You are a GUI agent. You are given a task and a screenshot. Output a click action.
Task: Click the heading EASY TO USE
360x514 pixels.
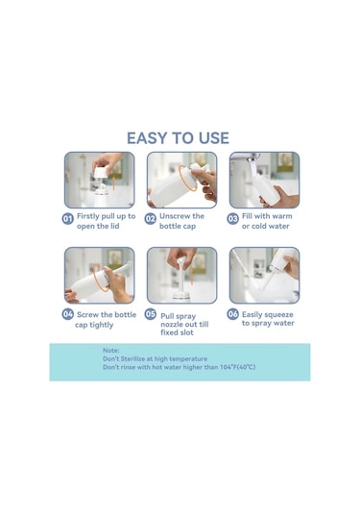(x=178, y=138)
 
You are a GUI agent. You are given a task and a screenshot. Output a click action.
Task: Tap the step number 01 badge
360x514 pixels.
(x=68, y=219)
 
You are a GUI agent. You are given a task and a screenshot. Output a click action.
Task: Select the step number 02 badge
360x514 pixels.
(x=151, y=219)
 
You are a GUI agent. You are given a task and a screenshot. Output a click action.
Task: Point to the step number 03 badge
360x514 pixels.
(x=233, y=219)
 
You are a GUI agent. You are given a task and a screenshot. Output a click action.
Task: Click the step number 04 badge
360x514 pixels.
(x=68, y=314)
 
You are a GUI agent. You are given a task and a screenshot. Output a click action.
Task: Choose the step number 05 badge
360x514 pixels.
(x=151, y=314)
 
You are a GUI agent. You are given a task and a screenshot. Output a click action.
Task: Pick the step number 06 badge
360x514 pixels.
(x=233, y=314)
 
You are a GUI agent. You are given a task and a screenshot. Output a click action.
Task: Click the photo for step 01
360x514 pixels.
(x=100, y=180)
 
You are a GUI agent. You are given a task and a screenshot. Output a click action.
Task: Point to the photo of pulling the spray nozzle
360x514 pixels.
(x=182, y=276)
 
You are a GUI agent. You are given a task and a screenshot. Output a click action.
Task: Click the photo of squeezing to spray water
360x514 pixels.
(x=265, y=276)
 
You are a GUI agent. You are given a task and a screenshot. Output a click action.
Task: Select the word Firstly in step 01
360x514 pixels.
(x=87, y=217)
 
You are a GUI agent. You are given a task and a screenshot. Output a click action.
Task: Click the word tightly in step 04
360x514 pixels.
(x=102, y=325)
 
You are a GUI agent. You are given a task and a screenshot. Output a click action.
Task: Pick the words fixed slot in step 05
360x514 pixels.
(x=177, y=332)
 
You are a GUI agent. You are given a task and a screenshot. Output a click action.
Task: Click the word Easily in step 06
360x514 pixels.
(x=252, y=315)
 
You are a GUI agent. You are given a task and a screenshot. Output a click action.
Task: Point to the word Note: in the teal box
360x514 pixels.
(x=111, y=351)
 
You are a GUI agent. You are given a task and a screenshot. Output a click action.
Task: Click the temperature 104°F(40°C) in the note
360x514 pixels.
(x=237, y=367)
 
